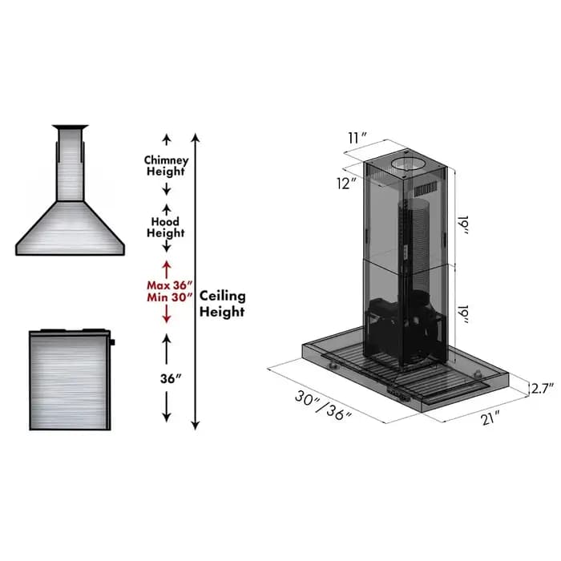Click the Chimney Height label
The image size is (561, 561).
[166, 165]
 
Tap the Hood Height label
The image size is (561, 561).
[166, 227]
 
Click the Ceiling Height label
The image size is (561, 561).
[222, 304]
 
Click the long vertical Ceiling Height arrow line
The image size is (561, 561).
[196, 280]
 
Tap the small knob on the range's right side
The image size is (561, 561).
[113, 342]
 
